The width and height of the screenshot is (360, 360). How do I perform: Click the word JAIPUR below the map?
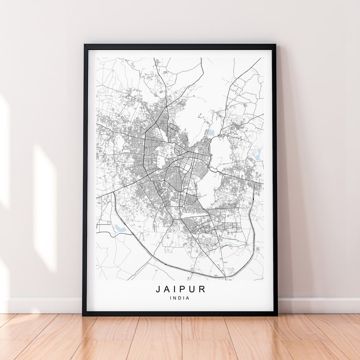point(180,289)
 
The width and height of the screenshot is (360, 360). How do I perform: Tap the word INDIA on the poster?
point(180,298)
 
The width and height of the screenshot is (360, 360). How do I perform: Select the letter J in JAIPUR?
point(158,289)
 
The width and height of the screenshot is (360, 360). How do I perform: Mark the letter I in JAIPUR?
point(175,289)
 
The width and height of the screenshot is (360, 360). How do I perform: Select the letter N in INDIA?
point(175,298)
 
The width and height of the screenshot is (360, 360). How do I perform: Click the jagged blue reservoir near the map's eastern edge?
point(257,153)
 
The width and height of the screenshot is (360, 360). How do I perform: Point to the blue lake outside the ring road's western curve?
point(120,228)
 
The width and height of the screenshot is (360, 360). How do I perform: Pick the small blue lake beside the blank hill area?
point(210,133)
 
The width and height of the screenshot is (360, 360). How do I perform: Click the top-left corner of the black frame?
point(85,45)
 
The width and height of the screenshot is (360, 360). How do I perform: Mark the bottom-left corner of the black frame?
point(84,314)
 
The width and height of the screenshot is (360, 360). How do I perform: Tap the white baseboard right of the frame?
point(317,305)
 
